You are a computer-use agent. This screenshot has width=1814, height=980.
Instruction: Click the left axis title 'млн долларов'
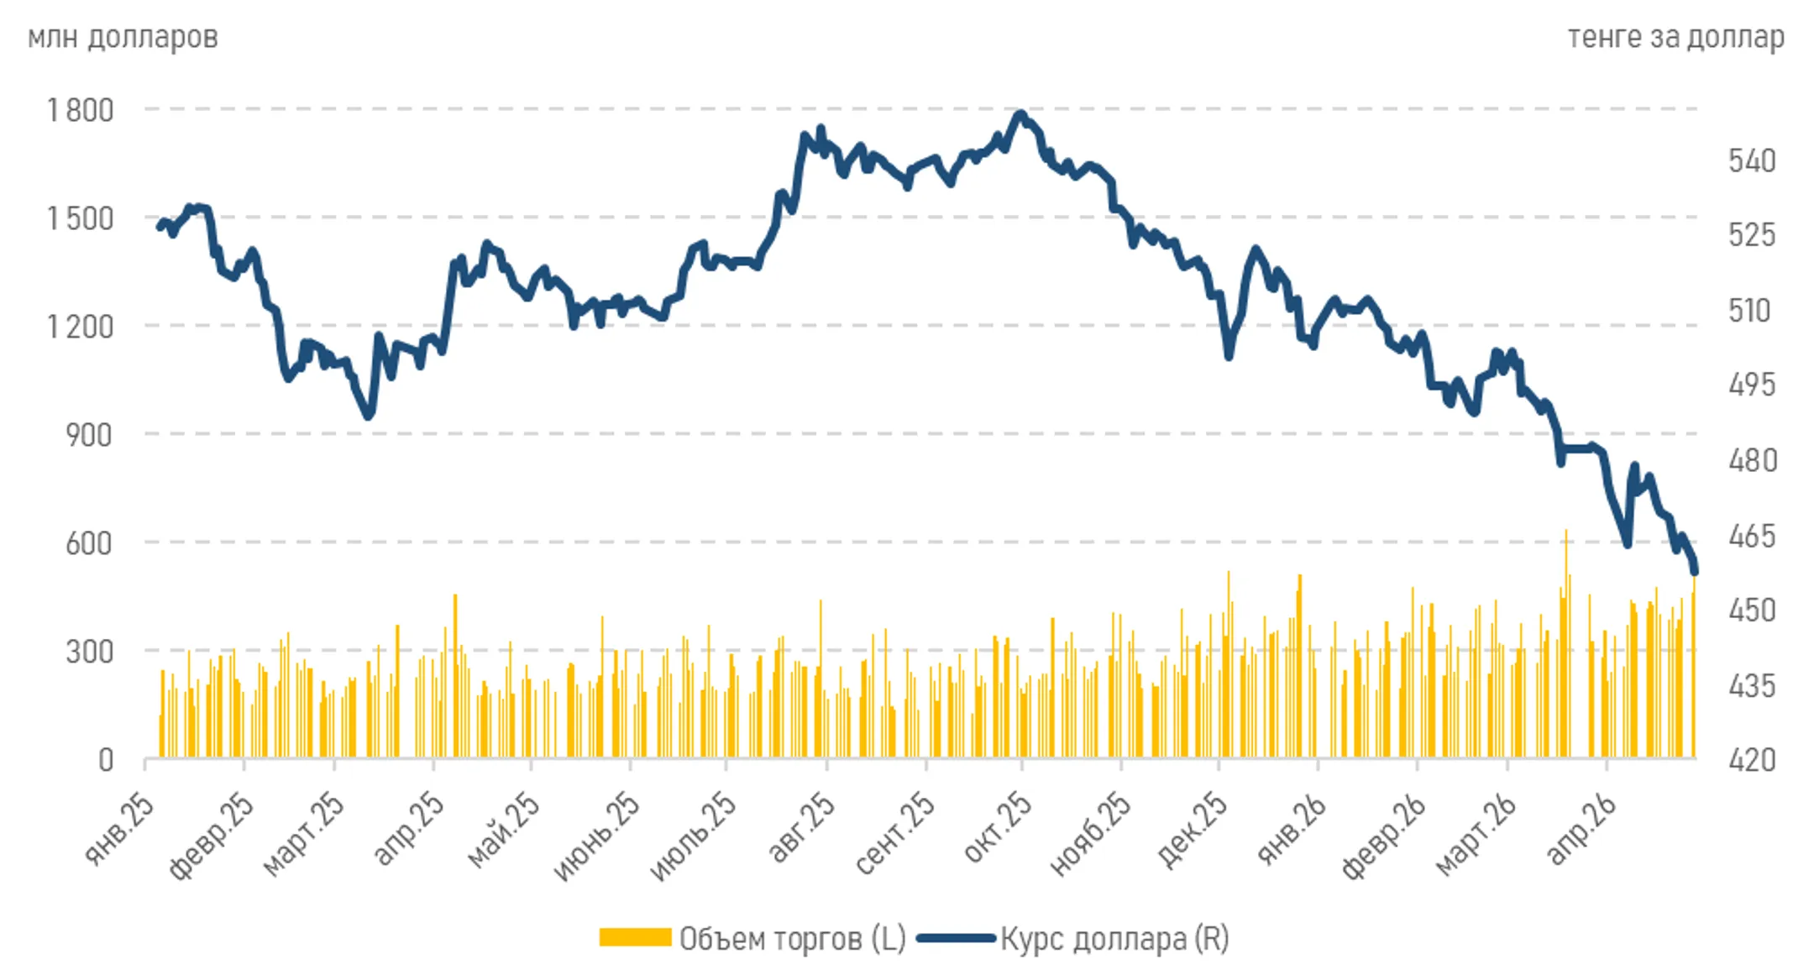pyautogui.click(x=123, y=37)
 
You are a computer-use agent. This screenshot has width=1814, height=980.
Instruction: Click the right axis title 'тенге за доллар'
pyautogui.click(x=1675, y=37)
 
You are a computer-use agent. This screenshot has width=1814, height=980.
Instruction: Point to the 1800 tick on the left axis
pyautogui.click(x=81, y=110)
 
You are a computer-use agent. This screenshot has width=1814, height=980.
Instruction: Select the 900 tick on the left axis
pyautogui.click(x=89, y=435)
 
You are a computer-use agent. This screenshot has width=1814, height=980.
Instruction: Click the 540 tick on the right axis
pyautogui.click(x=1752, y=160)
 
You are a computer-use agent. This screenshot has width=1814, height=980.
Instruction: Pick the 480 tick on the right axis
pyautogui.click(x=1752, y=460)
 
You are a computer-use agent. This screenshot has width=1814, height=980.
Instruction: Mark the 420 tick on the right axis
pyautogui.click(x=1752, y=760)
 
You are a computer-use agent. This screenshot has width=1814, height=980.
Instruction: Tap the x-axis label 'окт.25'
pyautogui.click(x=998, y=828)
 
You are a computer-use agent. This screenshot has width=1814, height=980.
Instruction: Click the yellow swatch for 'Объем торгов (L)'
pyautogui.click(x=635, y=937)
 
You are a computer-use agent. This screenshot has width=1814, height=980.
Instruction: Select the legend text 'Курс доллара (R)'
pyautogui.click(x=1114, y=938)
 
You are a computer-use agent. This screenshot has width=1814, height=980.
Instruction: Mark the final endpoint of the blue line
pyautogui.click(x=1695, y=573)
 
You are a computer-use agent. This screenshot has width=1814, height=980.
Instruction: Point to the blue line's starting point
pyautogui.click(x=160, y=227)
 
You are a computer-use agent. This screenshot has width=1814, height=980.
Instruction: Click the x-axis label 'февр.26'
pyautogui.click(x=1384, y=836)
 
